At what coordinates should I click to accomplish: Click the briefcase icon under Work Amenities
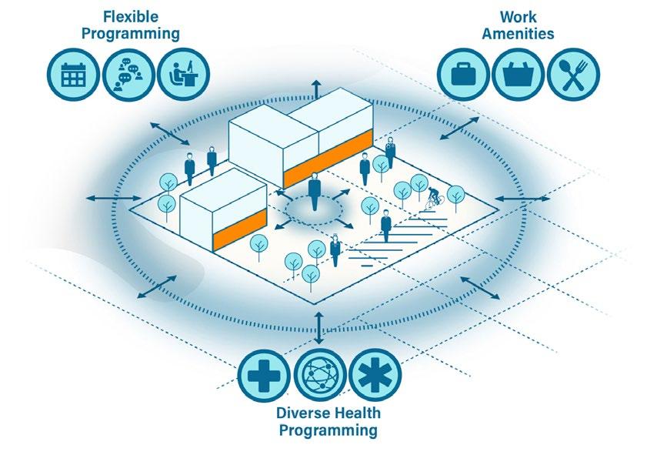tap(464, 75)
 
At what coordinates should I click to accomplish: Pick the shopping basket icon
tap(518, 75)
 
